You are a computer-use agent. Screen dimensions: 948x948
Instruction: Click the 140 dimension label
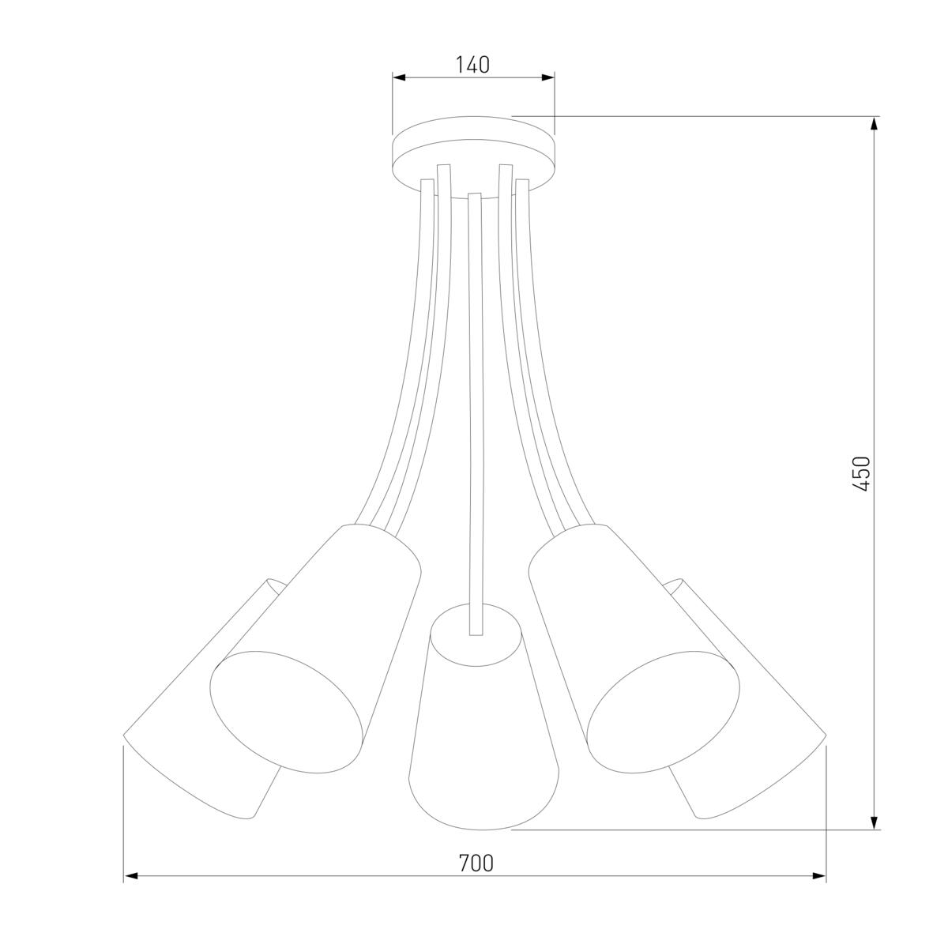pyautogui.click(x=472, y=65)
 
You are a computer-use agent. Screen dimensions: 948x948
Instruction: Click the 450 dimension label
pyautogui.click(x=861, y=474)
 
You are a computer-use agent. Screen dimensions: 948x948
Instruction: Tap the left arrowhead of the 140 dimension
pyautogui.click(x=399, y=77)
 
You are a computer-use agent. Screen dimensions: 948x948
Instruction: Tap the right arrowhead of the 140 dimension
pyautogui.click(x=548, y=77)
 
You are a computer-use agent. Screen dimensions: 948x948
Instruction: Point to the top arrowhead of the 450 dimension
pyautogui.click(x=874, y=123)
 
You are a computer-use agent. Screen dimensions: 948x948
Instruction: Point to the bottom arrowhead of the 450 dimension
pyautogui.click(x=874, y=822)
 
